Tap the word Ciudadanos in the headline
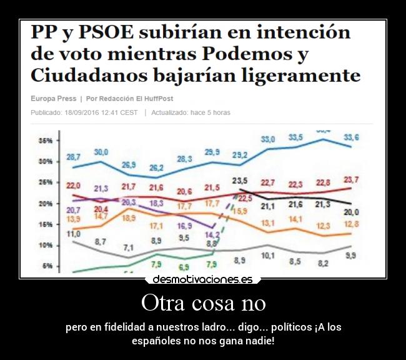[79, 76]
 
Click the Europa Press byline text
[53, 99]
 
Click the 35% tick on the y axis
[46, 141]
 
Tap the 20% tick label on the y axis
[46, 204]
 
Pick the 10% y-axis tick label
[46, 246]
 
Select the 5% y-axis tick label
[47, 266]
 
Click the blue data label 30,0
[101, 152]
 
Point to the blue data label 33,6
[351, 137]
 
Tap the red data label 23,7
[351, 180]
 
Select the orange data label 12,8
[351, 224]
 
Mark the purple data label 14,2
[213, 235]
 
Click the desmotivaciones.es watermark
[202, 279]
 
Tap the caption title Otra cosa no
[203, 303]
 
